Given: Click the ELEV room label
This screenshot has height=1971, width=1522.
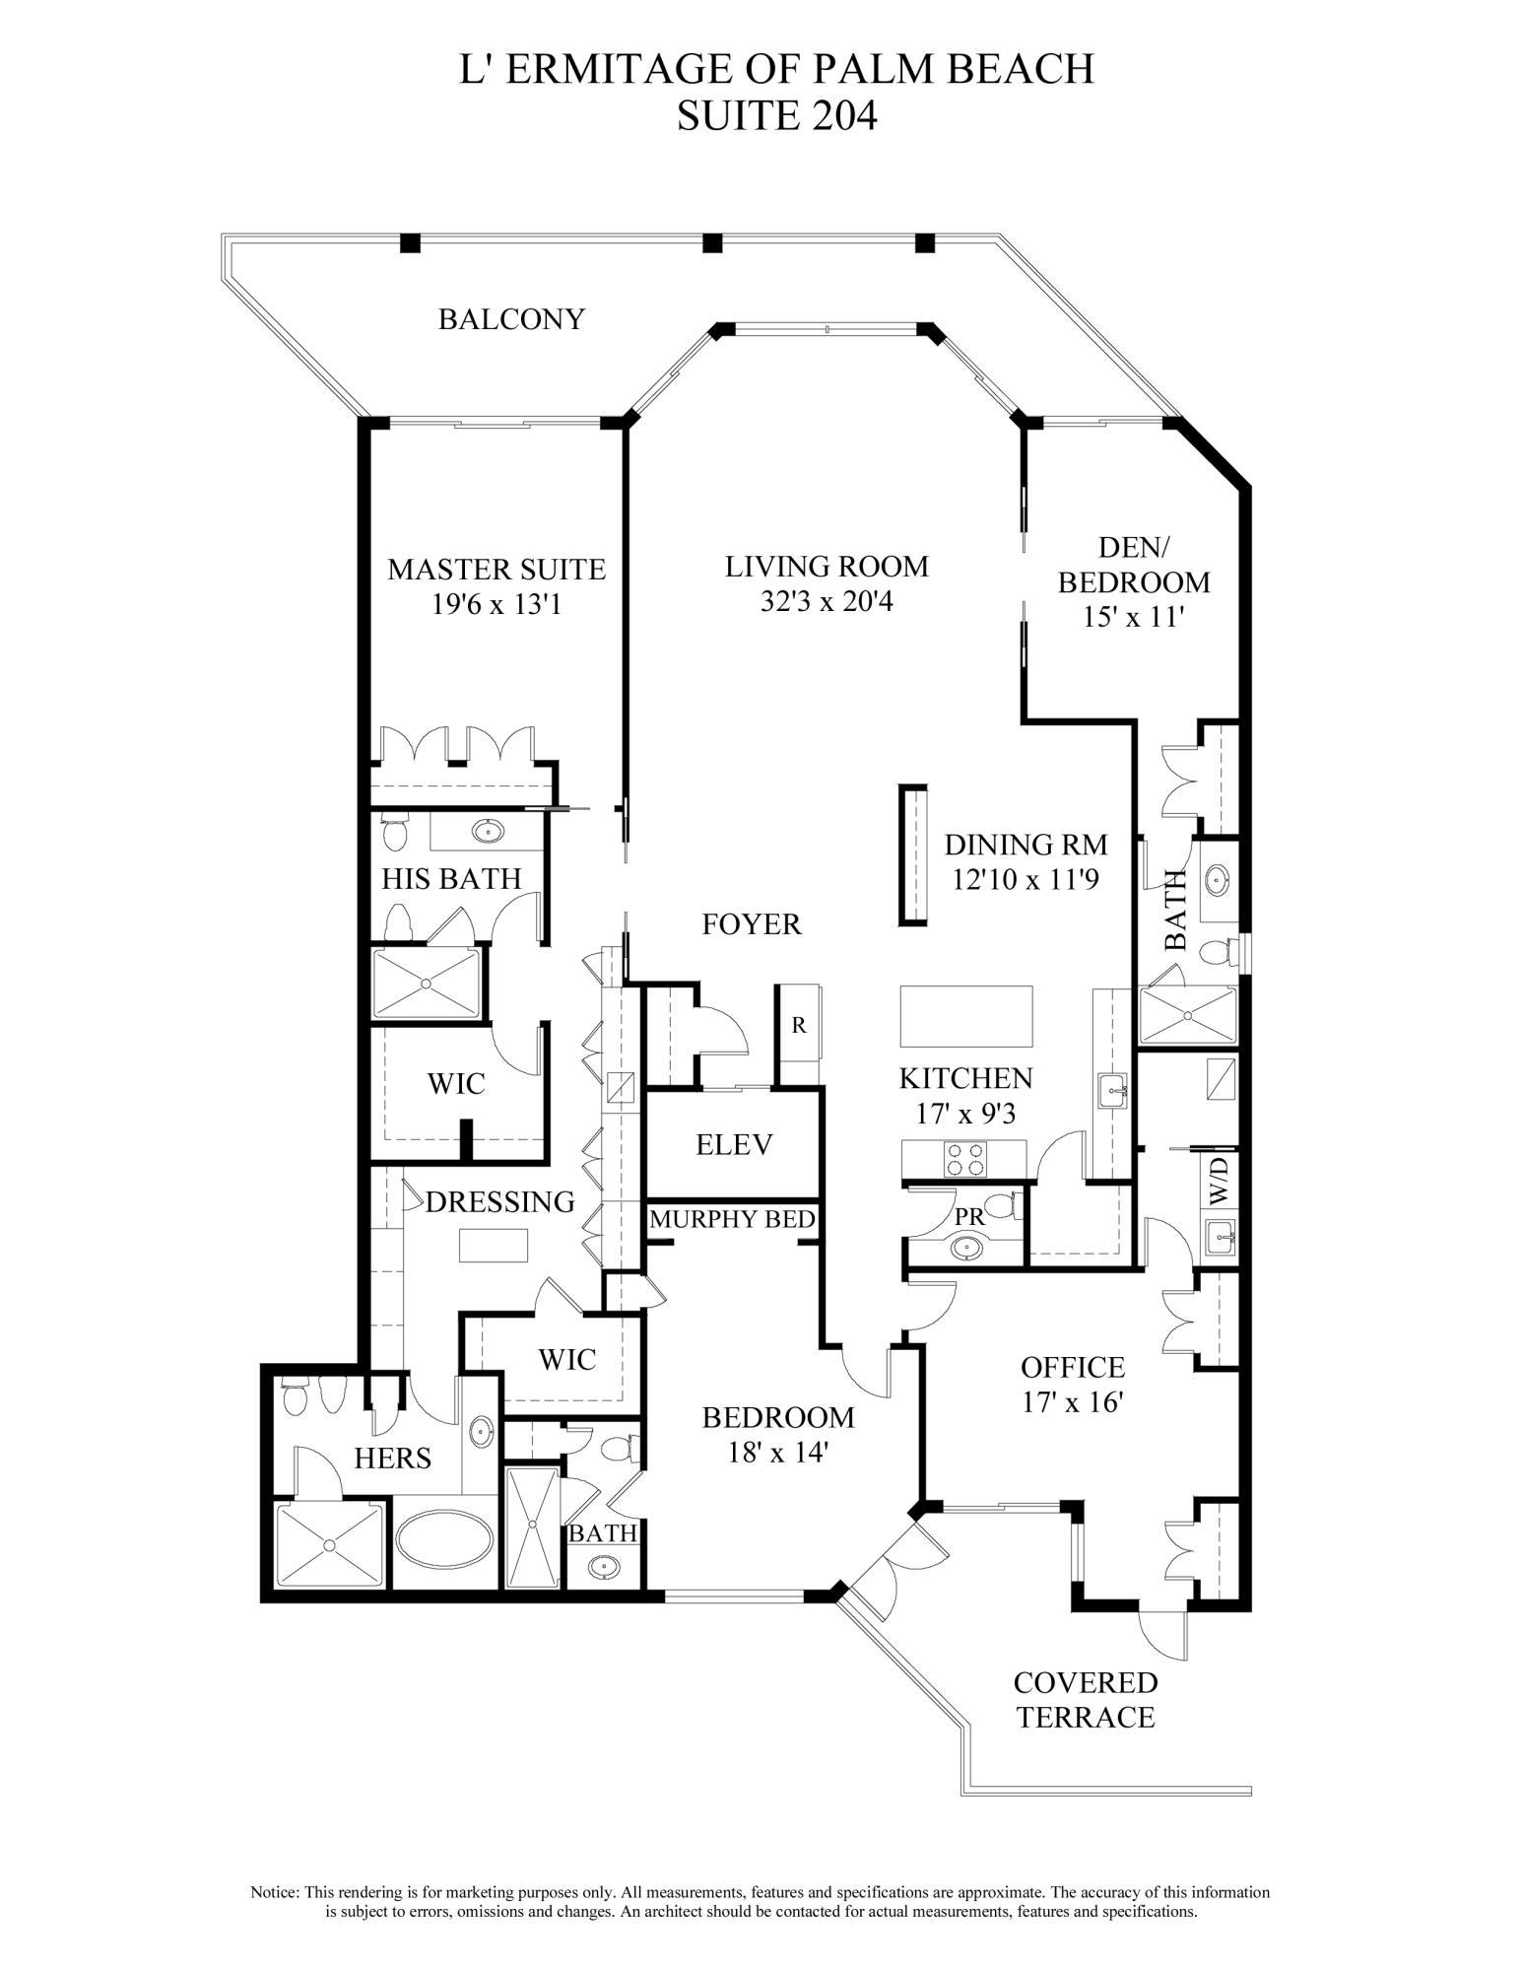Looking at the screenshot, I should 734,1144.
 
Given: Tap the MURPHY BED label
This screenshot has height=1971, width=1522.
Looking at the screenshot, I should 732,1219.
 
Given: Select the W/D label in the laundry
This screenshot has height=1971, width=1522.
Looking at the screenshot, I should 1220,1181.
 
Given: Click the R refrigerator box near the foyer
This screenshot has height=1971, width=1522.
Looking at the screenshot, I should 799,1025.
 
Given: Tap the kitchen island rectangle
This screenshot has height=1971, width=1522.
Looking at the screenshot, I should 966,1016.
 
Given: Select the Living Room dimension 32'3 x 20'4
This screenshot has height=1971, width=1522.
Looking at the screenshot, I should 827,601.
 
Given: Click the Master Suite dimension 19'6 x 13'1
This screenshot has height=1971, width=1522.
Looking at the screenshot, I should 496,604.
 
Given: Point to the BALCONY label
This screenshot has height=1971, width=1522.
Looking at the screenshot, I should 511,319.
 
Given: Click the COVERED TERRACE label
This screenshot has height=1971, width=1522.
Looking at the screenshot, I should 1086,1700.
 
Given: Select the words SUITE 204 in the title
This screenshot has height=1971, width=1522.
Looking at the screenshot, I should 776,116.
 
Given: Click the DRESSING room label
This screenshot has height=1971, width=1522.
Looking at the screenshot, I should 500,1202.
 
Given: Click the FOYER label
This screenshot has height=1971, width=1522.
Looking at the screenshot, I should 752,924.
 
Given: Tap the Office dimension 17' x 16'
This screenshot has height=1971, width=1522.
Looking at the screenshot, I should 1073,1402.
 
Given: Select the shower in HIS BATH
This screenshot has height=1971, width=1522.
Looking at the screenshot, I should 427,984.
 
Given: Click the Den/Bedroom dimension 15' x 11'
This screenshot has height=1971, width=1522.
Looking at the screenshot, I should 1133,618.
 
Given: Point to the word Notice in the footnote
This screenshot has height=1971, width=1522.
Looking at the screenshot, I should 274,1892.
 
